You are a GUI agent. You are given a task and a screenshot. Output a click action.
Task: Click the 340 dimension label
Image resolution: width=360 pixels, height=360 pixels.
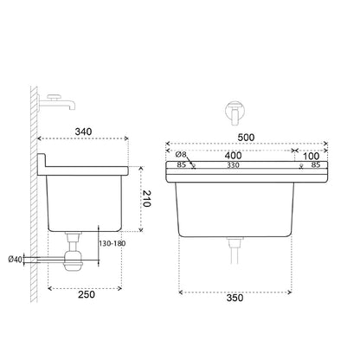click(83, 132)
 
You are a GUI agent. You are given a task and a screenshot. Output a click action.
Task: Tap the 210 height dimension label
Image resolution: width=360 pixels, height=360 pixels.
click(146, 198)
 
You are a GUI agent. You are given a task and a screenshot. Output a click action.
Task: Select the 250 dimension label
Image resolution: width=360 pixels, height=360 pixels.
click(87, 294)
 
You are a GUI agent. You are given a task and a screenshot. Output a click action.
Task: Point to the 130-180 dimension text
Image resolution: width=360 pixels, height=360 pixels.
click(112, 243)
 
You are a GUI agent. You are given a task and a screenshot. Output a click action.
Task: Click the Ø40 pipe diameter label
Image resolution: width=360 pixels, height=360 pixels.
click(16, 260)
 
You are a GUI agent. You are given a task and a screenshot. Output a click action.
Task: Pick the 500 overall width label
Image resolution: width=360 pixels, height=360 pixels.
click(246, 138)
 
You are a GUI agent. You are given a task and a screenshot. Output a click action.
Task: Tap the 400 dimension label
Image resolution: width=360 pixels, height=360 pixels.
click(233, 156)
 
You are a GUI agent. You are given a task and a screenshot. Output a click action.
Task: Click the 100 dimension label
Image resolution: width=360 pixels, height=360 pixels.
click(312, 156)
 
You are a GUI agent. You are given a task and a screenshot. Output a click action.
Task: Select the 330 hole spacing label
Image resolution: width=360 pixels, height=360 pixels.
click(233, 165)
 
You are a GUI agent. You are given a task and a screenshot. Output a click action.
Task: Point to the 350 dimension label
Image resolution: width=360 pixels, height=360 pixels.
click(235, 298)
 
